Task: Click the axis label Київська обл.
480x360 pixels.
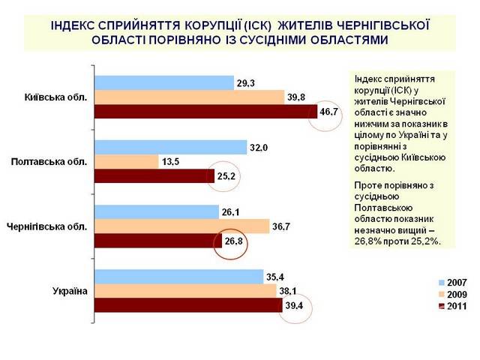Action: pos(56,97)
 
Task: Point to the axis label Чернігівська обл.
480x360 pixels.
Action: pos(46,226)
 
